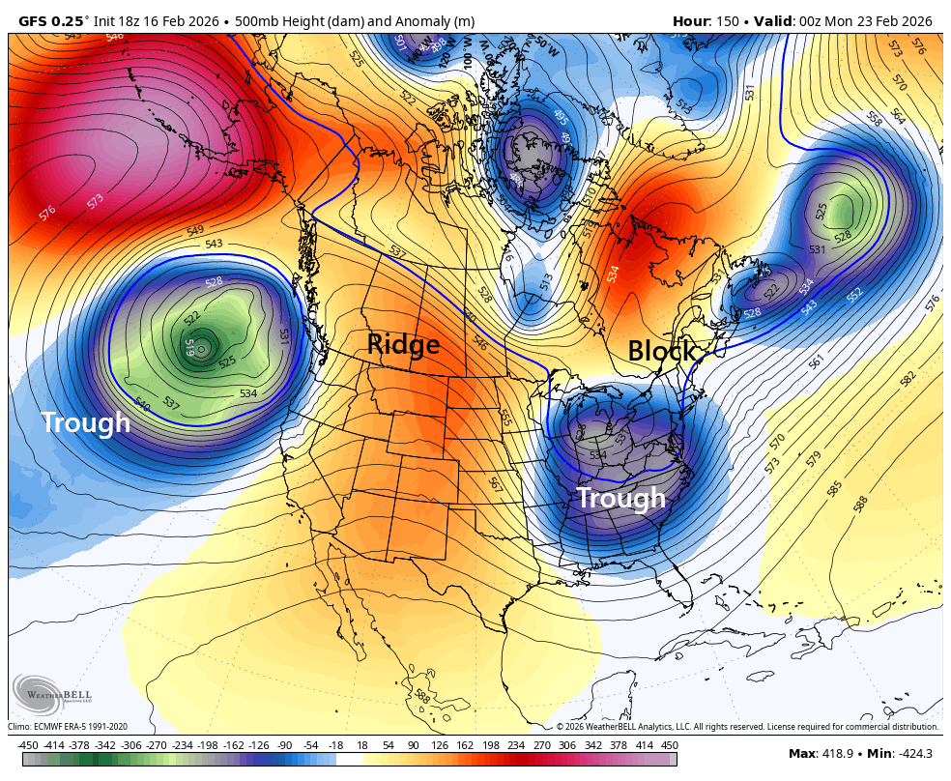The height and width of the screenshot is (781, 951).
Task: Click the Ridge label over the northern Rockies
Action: (403, 344)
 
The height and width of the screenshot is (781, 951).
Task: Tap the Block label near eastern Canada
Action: (662, 351)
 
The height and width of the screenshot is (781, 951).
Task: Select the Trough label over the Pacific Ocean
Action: (85, 422)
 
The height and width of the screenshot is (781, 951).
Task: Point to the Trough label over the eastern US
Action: (621, 498)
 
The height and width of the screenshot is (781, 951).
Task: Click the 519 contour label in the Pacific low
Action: (190, 345)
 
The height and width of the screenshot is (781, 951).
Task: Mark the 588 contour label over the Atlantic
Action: (860, 503)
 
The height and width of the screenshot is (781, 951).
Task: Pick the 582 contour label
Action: (908, 378)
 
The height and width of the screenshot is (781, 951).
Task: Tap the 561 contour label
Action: (817, 362)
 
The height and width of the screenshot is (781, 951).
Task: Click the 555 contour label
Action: (505, 417)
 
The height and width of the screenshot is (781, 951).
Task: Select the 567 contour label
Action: (496, 483)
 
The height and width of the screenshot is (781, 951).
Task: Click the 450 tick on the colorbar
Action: (669, 745)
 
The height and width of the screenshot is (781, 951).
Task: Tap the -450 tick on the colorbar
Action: (28, 745)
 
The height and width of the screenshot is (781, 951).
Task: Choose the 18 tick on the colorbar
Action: (362, 745)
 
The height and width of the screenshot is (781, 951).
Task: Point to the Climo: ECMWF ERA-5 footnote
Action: (68, 727)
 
